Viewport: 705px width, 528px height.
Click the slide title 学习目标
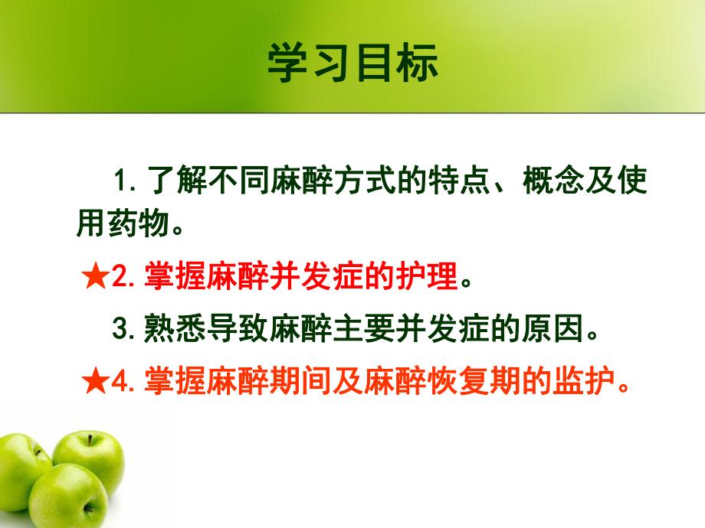(352, 62)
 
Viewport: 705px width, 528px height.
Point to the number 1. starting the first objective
(125, 184)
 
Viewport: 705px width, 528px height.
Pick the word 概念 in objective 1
(549, 184)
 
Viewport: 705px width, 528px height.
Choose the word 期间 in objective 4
(316, 383)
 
